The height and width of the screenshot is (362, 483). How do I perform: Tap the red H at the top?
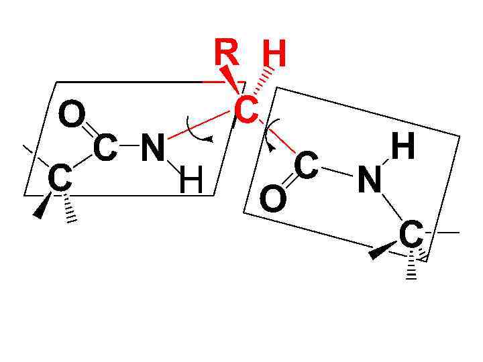point(273,56)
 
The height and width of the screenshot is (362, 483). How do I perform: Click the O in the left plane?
point(72,115)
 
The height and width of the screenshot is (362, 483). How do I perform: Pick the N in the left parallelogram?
point(153,148)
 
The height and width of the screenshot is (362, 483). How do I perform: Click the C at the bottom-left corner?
point(60,179)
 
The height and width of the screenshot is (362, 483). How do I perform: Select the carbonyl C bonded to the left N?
point(105,148)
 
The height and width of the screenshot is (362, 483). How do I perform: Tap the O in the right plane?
point(272,200)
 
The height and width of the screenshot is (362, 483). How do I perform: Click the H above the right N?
point(402,147)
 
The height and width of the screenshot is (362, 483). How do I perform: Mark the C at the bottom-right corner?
point(411,235)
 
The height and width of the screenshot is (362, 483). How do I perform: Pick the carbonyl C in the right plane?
point(305,165)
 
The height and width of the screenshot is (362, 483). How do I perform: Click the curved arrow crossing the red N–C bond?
point(199,130)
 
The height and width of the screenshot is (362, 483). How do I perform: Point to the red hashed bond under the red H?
point(263,83)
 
